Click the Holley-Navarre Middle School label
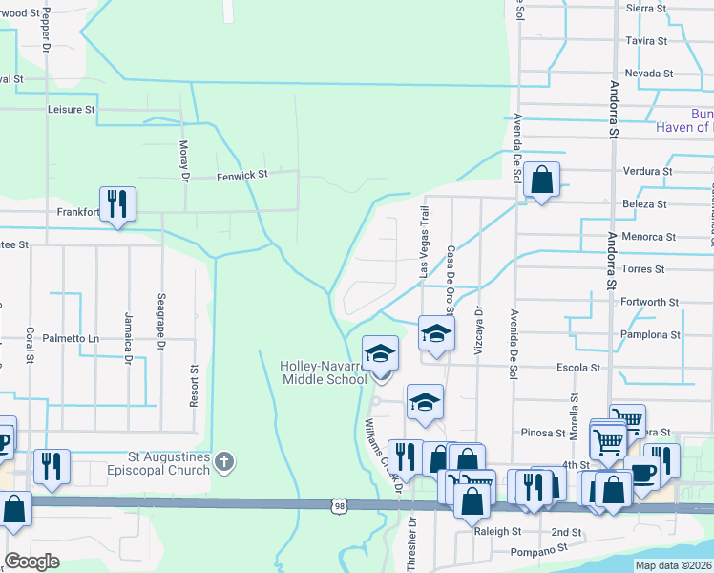[x=323, y=372]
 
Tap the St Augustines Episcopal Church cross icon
[x=223, y=463]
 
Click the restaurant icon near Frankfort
[x=117, y=204]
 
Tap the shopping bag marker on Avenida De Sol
[x=541, y=180]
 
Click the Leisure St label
[x=72, y=110]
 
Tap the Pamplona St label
[x=649, y=335]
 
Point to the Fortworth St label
[x=649, y=302]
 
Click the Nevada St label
[x=649, y=74]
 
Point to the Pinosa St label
[x=543, y=433]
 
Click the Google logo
[x=31, y=562]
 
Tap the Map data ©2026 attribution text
[x=673, y=565]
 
